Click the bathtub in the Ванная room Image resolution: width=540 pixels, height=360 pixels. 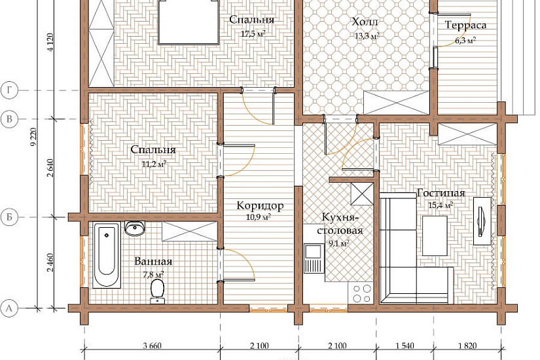(x=107, y=255)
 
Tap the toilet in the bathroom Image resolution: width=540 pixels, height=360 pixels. (x=157, y=291)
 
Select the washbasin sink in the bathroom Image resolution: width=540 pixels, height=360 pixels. (x=135, y=228)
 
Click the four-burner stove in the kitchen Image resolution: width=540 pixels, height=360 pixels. (x=361, y=293)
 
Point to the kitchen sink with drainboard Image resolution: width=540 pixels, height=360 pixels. (x=314, y=258)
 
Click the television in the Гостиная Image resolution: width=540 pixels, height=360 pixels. (x=482, y=221)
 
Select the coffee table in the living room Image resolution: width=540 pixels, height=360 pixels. (x=435, y=236)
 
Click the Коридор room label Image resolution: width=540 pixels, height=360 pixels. (x=260, y=206)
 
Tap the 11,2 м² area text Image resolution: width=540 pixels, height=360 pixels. (x=154, y=164)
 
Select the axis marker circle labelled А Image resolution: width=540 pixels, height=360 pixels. (x=9, y=308)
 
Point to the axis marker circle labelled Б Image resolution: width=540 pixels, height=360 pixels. (x=9, y=217)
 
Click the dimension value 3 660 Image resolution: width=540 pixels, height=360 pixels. (x=152, y=346)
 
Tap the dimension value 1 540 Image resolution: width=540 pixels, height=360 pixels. (x=405, y=346)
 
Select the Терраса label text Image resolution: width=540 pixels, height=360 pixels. (x=465, y=25)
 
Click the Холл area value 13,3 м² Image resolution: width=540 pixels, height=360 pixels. (x=367, y=35)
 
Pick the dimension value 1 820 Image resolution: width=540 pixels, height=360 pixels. (x=467, y=346)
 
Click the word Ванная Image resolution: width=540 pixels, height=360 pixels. (x=153, y=261)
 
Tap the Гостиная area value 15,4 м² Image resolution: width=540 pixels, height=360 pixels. (x=441, y=206)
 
